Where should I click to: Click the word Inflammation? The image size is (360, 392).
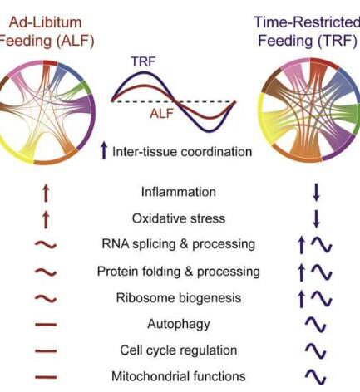[179, 192]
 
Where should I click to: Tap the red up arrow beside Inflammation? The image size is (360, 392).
[46, 194]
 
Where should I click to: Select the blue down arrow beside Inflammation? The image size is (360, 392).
[316, 192]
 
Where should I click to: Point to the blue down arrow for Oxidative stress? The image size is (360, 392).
[316, 218]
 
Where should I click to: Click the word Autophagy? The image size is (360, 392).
[179, 324]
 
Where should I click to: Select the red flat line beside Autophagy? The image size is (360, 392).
[46, 325]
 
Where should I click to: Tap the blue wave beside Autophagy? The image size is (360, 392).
[316, 325]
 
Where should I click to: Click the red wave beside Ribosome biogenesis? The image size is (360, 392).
[46, 298]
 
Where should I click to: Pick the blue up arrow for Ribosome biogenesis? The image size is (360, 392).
[301, 299]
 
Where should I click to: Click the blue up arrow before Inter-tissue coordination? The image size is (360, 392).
[104, 150]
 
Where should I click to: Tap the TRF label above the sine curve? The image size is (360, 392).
[143, 61]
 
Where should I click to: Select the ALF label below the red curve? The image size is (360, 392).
[162, 113]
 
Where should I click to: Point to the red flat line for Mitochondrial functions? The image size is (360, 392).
[46, 377]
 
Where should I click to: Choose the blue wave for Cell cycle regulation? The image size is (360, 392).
[316, 350]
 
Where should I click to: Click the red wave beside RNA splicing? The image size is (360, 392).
[46, 245]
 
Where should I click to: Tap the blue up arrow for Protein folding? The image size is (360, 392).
[301, 272]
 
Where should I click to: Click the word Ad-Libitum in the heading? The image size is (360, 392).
[45, 22]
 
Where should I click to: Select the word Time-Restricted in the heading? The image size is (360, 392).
[307, 22]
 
